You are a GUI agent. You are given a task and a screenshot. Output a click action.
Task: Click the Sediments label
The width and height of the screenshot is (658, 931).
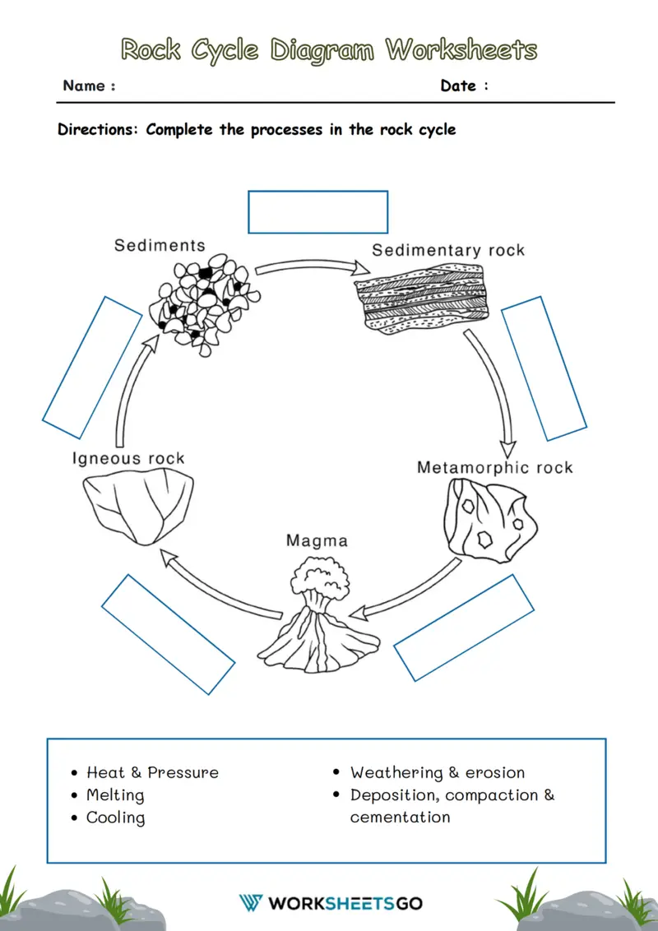(x=160, y=245)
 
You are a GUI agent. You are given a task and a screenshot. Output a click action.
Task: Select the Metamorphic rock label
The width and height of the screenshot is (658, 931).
(x=494, y=468)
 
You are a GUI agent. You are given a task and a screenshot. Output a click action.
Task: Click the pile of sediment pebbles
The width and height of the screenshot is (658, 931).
(x=204, y=307)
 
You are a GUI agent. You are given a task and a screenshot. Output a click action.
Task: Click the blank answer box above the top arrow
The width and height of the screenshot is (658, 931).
(x=317, y=212)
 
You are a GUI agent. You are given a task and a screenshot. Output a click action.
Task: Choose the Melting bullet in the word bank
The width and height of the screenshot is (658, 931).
(x=115, y=795)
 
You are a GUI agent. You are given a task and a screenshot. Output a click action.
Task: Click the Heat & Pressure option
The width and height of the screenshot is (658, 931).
(x=152, y=772)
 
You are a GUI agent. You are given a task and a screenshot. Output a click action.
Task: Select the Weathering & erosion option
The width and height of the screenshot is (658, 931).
(x=437, y=772)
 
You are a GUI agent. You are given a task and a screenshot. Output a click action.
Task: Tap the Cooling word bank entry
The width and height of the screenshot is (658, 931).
(x=115, y=818)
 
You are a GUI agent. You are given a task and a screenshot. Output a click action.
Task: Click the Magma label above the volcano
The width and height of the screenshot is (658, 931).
(x=317, y=540)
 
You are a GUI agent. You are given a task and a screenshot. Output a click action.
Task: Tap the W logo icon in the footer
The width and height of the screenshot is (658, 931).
(x=251, y=902)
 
